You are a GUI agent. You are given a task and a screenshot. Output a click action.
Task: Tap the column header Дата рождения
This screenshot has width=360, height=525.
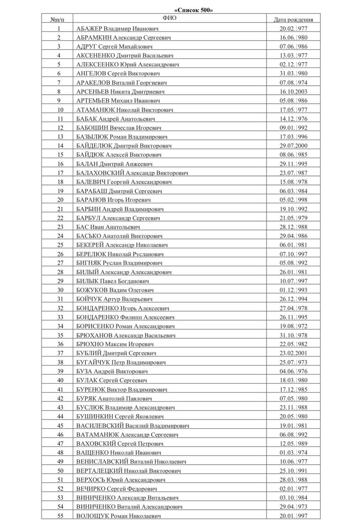click(293, 19)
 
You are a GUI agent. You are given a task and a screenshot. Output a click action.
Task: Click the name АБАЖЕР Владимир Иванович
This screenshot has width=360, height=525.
click(118, 29)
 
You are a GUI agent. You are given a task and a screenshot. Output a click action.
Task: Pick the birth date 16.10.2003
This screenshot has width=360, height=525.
click(293, 92)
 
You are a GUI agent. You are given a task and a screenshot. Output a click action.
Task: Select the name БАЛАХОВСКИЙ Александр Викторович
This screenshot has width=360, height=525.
click(132, 173)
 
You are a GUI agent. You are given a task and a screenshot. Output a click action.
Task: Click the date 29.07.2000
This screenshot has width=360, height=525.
click(293, 146)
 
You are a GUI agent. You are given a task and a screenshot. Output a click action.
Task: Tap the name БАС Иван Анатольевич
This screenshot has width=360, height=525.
click(109, 227)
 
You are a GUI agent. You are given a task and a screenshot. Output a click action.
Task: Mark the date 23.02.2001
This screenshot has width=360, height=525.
click(293, 353)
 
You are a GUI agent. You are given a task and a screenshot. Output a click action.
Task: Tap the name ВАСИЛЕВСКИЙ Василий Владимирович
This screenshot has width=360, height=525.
click(133, 425)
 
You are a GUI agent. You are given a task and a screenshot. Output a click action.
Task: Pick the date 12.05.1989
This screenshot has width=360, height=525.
click(293, 443)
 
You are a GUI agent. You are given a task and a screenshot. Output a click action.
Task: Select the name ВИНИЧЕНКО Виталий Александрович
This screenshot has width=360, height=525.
click(130, 507)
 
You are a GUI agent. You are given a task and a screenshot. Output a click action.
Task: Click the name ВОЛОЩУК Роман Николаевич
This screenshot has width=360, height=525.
click(118, 516)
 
